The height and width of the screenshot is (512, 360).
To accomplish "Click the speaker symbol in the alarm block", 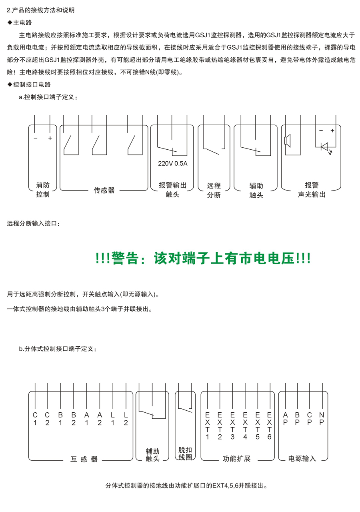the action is click(287, 141).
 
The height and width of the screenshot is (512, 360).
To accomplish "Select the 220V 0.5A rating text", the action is click(172, 163).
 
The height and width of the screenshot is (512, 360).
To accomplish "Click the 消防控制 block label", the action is click(43, 190).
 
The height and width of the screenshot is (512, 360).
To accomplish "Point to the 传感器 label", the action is click(104, 190).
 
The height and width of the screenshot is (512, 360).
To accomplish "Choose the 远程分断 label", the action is click(214, 190).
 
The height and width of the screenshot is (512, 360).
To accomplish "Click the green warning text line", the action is click(203, 259).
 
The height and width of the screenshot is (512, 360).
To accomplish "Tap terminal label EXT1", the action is click(207, 426).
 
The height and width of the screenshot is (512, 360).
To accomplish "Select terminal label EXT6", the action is click(269, 426).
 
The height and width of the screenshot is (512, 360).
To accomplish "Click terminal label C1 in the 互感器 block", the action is click(35, 419).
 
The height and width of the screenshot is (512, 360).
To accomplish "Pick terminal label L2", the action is click(126, 419).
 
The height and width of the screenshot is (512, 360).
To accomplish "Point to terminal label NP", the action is click(322, 418).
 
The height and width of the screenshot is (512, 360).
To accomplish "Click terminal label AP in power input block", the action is click(285, 418).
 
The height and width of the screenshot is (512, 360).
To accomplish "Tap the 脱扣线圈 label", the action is click(185, 454).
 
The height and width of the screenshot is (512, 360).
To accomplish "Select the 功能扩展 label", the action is click(237, 458).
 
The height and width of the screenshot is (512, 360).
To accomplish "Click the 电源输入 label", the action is click(302, 458).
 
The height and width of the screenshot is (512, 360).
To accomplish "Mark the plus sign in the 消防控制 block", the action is click(50, 138).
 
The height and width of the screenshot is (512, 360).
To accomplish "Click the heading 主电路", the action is click(22, 23).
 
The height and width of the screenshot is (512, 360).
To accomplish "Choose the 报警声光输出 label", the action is click(312, 190).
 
